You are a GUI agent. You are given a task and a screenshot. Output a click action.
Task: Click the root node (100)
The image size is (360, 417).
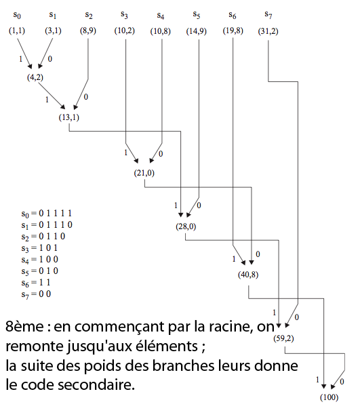[x=329, y=397]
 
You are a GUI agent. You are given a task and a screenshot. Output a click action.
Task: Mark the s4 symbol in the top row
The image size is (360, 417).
[x=161, y=16]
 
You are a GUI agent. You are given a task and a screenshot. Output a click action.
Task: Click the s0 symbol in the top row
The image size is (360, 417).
[x=17, y=15]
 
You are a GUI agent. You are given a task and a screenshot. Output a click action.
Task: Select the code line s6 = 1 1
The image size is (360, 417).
[x=36, y=283]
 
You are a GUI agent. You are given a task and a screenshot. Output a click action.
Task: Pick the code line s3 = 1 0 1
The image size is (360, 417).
[x=39, y=248]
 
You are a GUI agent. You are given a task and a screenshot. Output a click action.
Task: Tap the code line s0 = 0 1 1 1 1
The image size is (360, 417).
[x=47, y=214]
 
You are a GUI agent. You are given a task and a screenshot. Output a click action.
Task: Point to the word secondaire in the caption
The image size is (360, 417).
[x=97, y=385]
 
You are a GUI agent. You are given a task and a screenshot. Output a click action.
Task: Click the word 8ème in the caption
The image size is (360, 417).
[x=24, y=326]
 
